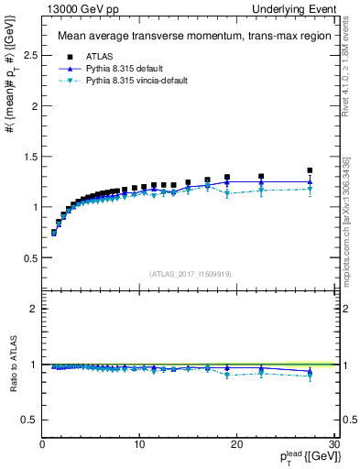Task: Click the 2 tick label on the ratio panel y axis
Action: pos(35,309)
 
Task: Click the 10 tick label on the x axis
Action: pos(139,444)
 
